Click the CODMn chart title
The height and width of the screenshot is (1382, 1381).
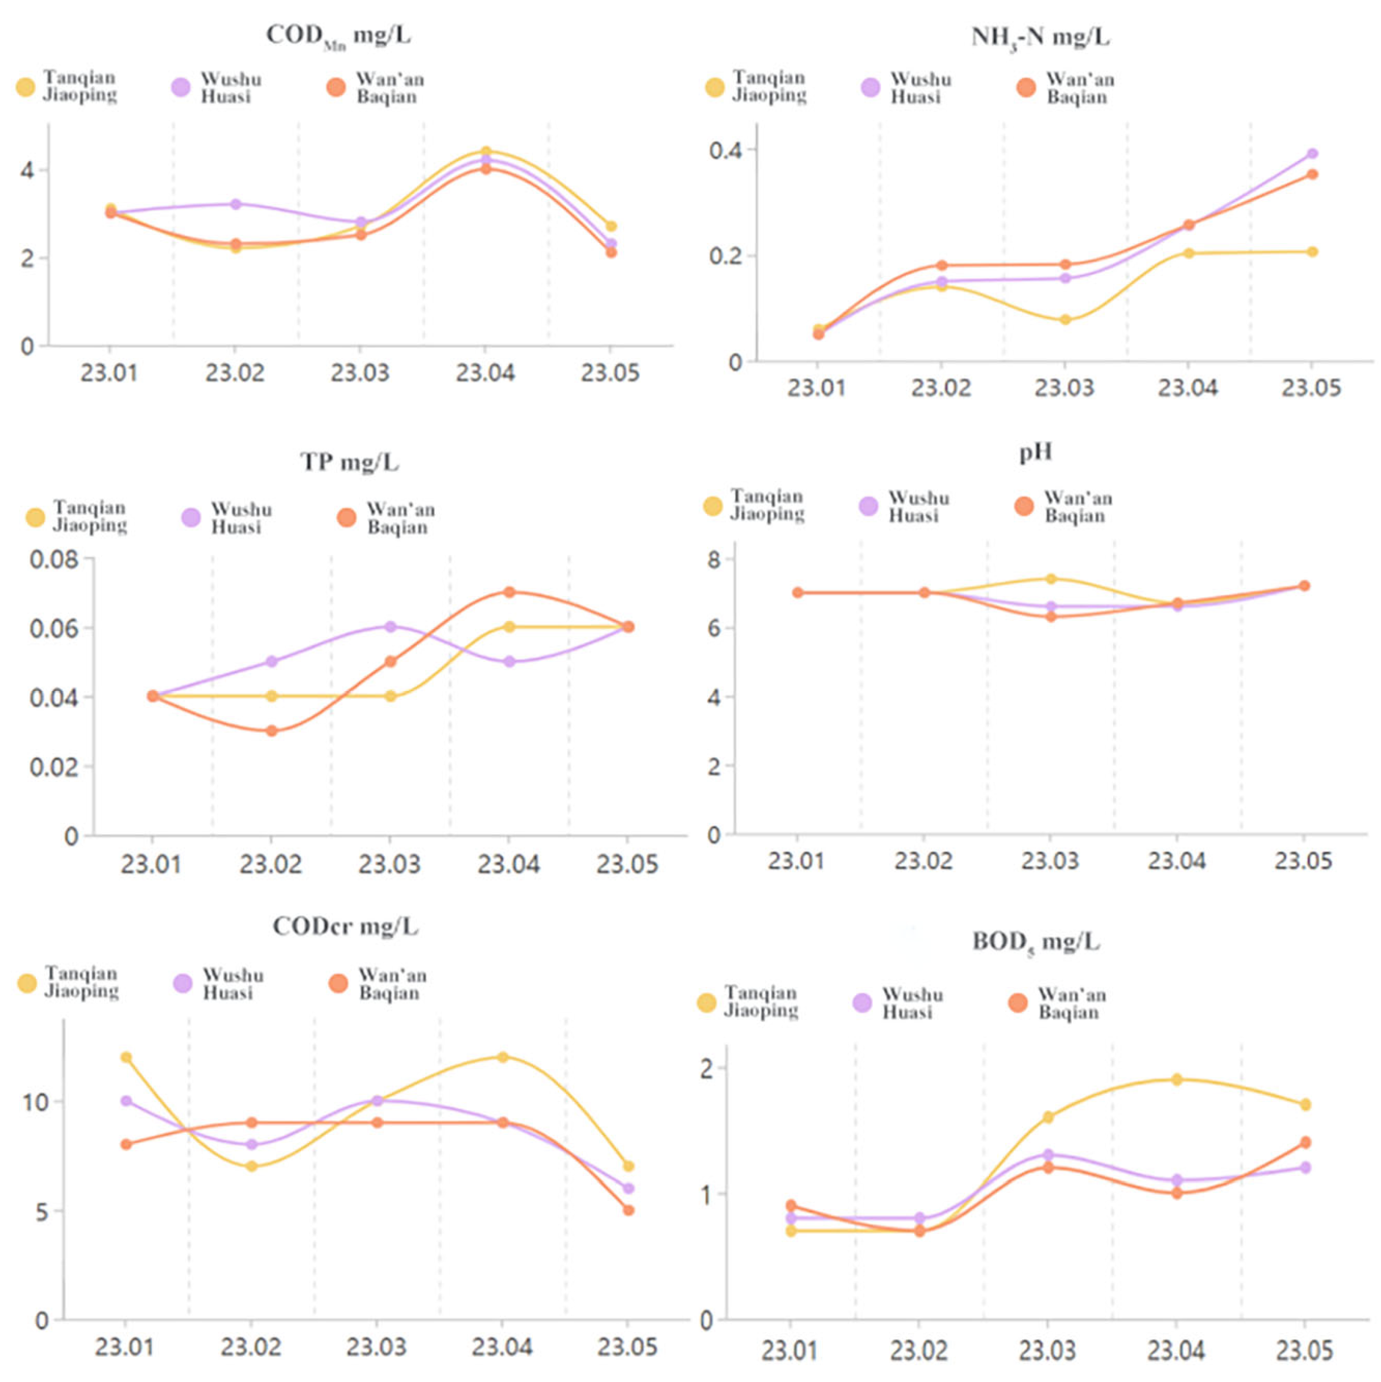[x=338, y=36]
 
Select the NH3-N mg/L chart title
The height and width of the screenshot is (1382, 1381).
[x=1040, y=37]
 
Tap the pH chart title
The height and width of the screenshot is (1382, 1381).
[x=1036, y=453]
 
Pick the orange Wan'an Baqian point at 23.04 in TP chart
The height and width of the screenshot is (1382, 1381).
[x=509, y=592]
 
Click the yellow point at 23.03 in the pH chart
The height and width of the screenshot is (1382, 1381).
[x=1051, y=579]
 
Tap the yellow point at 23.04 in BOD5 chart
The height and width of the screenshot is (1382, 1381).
[x=1176, y=1079]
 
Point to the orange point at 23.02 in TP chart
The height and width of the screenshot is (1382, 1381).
[x=271, y=731]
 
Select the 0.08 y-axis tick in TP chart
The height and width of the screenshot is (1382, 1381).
[x=54, y=559]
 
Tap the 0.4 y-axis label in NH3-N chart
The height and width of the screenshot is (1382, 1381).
[x=725, y=151]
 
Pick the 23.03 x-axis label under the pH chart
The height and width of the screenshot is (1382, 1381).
[x=1050, y=861]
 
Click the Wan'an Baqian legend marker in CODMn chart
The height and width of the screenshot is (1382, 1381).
[x=336, y=87]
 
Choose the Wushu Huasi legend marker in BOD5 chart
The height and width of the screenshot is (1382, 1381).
[x=862, y=1003]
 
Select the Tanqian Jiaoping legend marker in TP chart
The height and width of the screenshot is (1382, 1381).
[x=35, y=517]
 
